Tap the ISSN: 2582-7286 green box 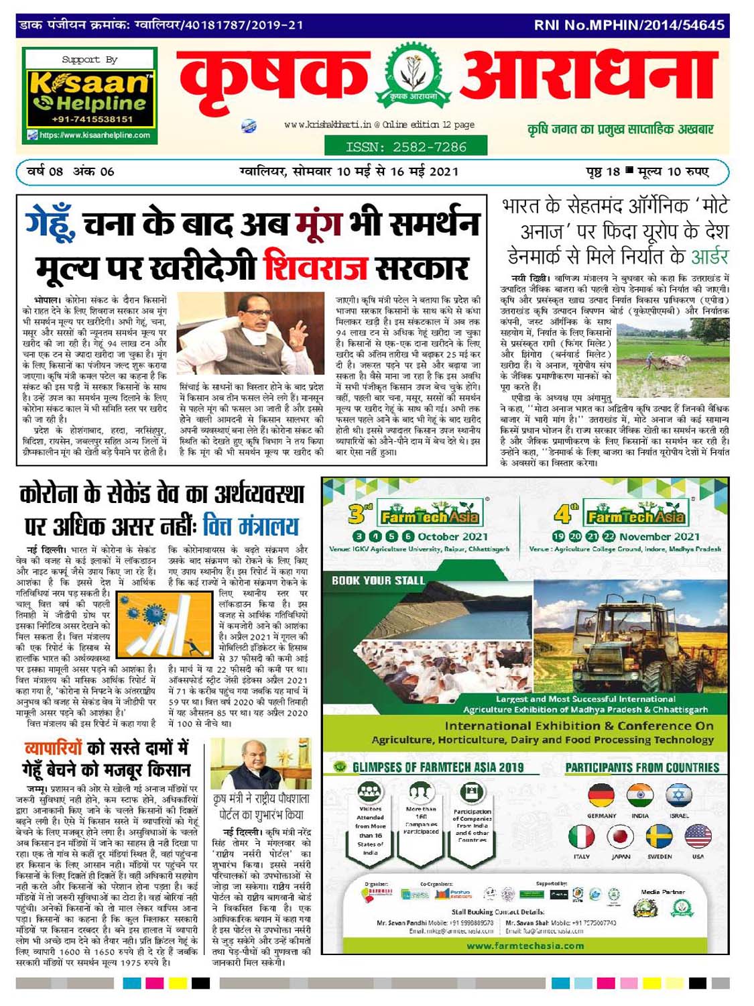[405, 146]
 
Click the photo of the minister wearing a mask [251, 333]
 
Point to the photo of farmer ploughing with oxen [672, 355]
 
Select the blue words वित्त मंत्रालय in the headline [251, 525]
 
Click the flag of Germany [601, 797]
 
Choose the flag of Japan [621, 837]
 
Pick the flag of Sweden [659, 837]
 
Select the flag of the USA [698, 837]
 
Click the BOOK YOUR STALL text [378, 581]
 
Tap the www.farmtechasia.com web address [525, 946]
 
